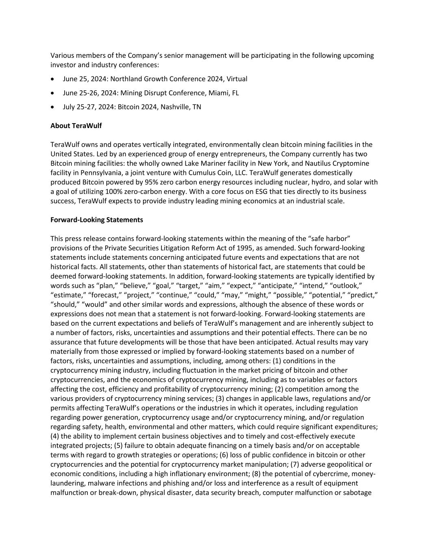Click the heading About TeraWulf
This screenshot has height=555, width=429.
76,126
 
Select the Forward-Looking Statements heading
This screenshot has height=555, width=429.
97,220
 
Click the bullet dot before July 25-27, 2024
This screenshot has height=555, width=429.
52,107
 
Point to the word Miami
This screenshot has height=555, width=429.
219,93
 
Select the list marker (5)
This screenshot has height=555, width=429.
120,446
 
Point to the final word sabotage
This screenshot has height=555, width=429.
357,492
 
